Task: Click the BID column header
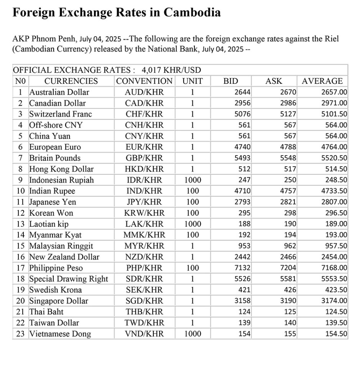[230, 81]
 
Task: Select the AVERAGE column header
[322, 81]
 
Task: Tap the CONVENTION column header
[144, 81]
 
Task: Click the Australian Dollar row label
[59, 92]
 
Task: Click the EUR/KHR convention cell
[144, 147]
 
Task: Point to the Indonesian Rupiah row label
[61, 180]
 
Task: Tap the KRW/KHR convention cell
[144, 213]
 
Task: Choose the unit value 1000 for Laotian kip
[192, 224]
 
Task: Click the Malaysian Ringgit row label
[61, 246]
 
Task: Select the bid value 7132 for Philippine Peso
[243, 268]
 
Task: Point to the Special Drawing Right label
[69, 279]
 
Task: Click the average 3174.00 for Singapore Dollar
[334, 301]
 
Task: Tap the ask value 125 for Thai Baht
[290, 312]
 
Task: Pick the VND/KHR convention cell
[144, 334]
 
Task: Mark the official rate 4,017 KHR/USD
[171, 70]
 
